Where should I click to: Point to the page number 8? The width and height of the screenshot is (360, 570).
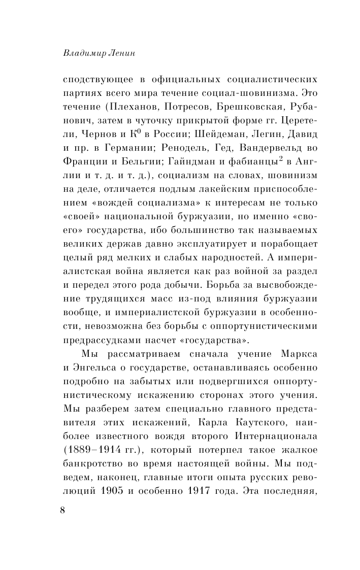click(62, 511)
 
